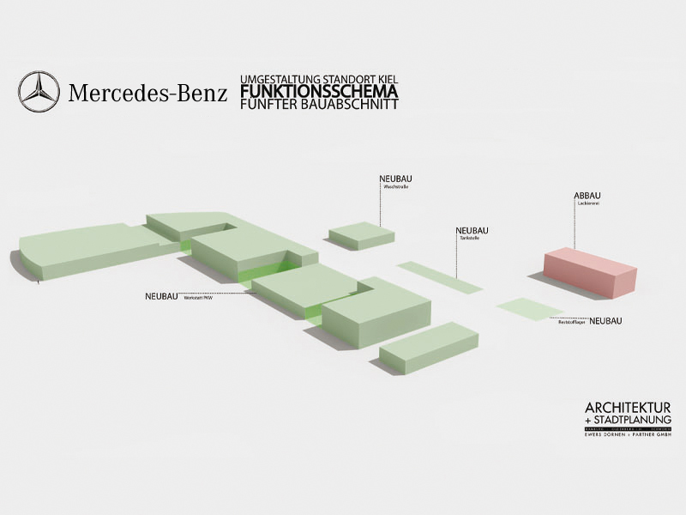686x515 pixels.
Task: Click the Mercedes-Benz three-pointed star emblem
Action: [39, 93]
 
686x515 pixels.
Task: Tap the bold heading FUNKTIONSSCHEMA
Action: [320, 90]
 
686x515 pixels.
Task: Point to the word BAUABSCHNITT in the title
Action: [354, 104]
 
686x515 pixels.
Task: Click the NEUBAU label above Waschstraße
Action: [396, 179]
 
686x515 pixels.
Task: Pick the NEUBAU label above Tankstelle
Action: [472, 230]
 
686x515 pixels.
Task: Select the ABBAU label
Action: [587, 197]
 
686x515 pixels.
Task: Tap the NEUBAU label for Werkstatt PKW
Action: [161, 296]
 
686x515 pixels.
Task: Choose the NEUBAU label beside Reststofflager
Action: [605, 321]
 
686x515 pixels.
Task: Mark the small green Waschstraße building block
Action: [361, 235]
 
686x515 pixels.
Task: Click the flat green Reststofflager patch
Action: [530, 307]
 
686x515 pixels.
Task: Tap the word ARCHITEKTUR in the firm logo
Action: [627, 407]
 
